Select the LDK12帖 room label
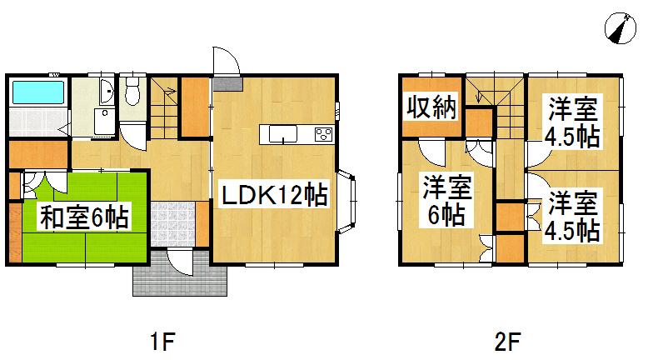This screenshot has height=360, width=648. [x=272, y=196]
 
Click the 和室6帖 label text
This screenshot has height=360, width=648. [x=84, y=218]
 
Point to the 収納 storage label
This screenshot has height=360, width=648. [x=431, y=107]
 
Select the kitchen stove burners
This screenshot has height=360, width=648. [x=323, y=134]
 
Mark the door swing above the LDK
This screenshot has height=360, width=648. [x=225, y=61]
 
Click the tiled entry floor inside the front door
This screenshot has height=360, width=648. [x=172, y=223]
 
